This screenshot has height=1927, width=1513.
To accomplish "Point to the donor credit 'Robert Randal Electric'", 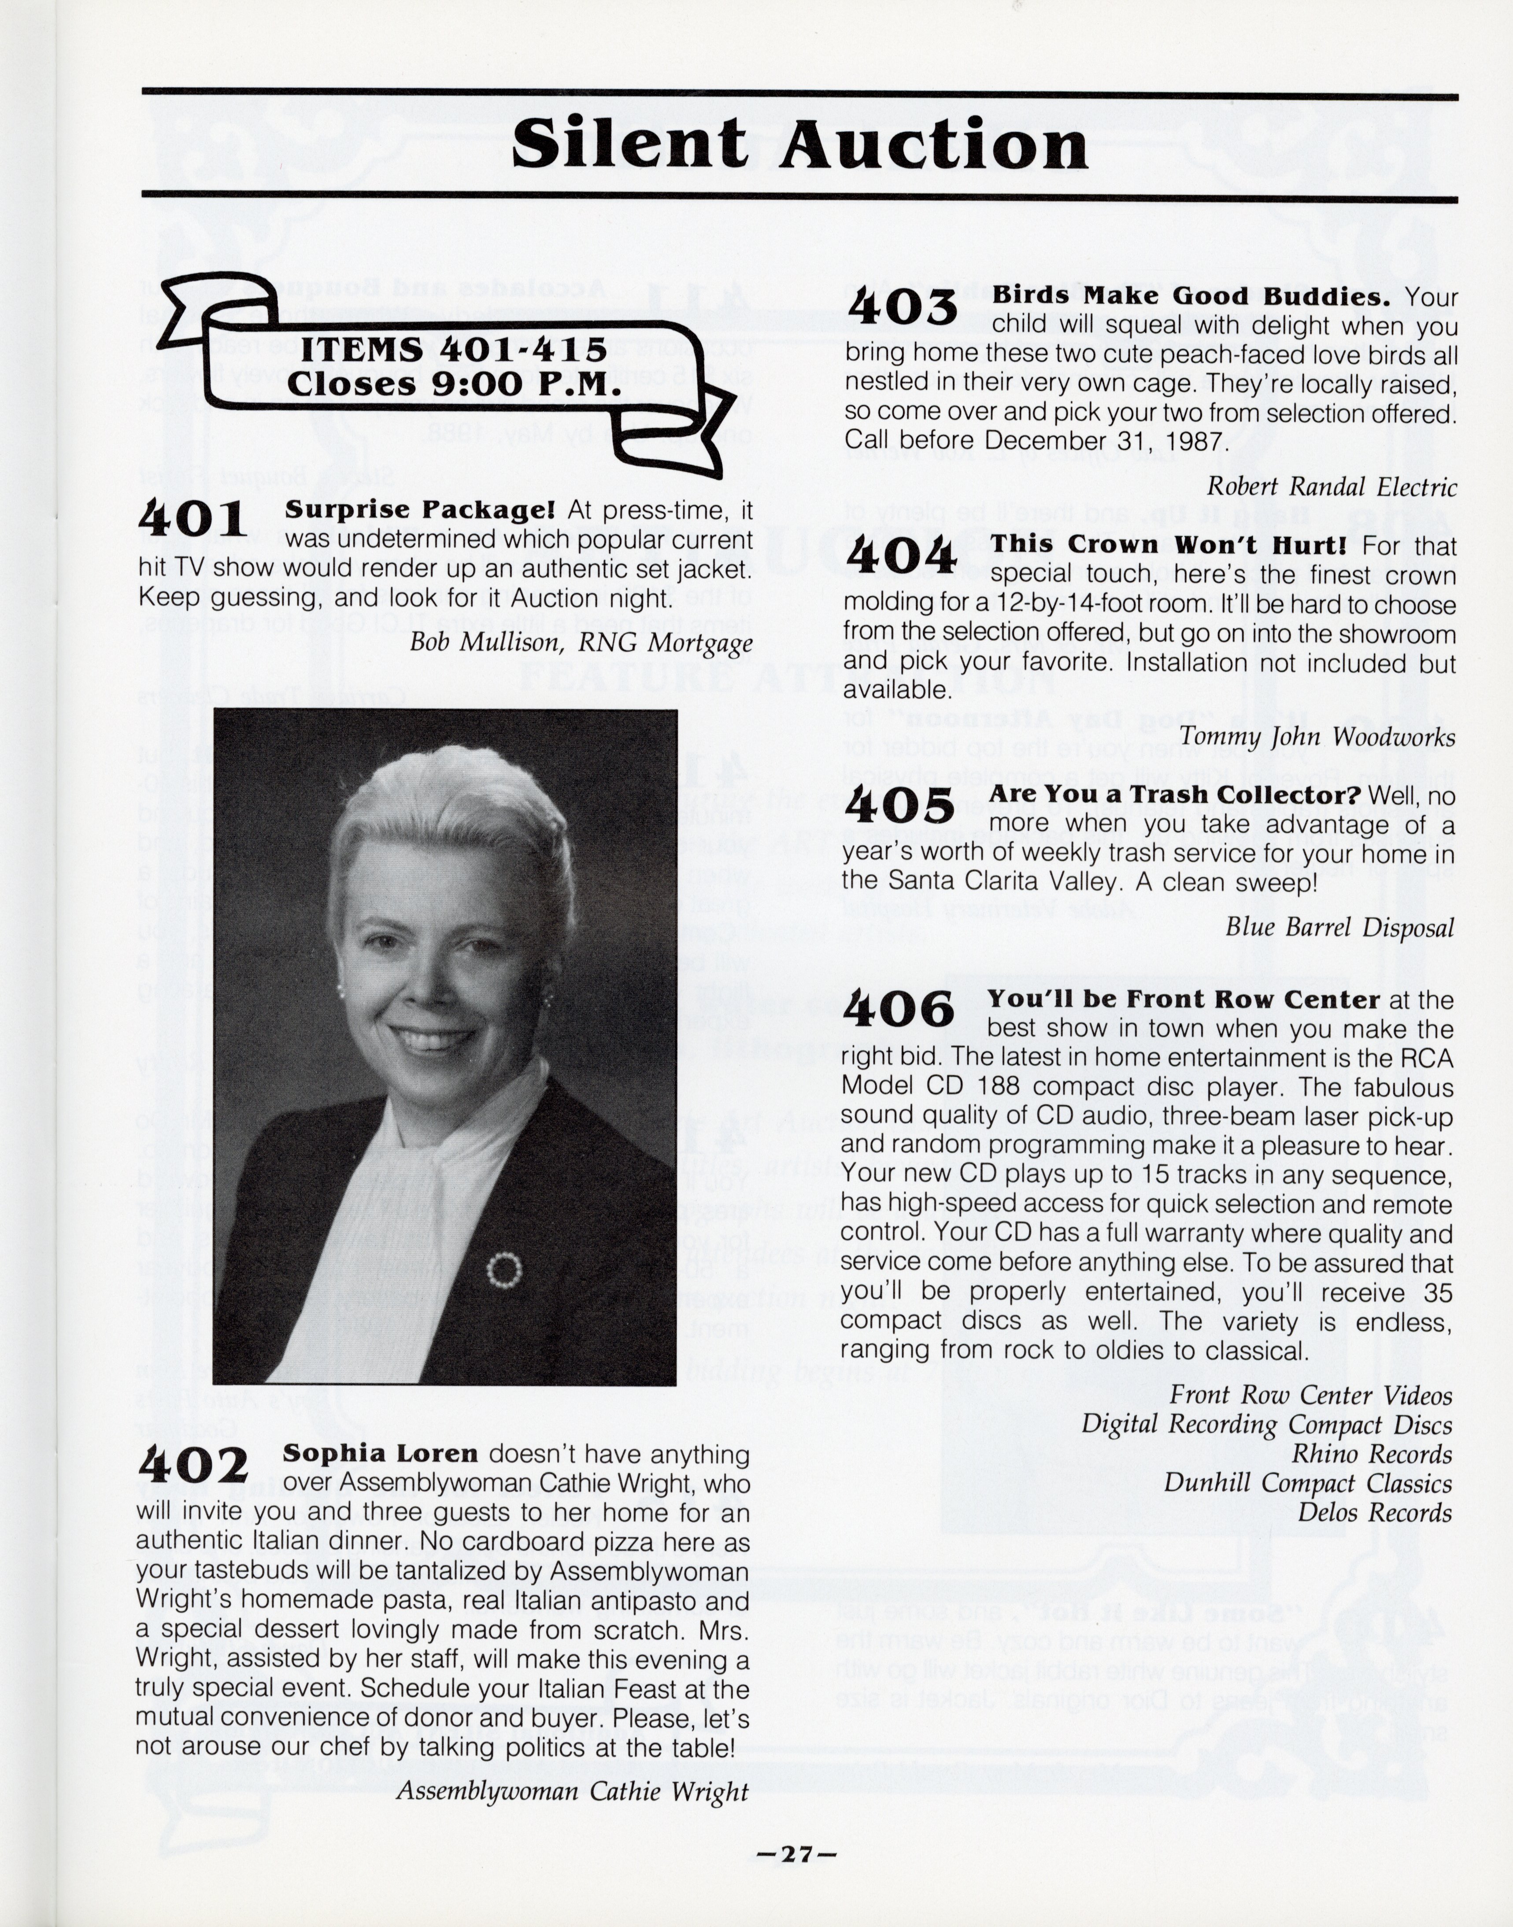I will click(x=1332, y=486).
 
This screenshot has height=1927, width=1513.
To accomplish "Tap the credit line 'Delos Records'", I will click(x=1374, y=1513).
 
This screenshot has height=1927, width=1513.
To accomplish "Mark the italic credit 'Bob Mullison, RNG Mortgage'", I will click(x=580, y=642).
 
